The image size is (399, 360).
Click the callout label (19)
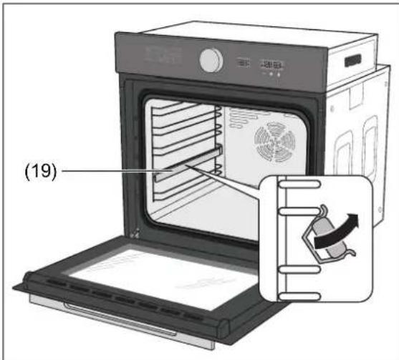[x=41, y=171]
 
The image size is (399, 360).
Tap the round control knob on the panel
[x=211, y=61]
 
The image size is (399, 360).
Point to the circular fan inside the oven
[x=275, y=142]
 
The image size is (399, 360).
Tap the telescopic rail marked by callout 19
[x=188, y=163]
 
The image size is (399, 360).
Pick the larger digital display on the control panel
[x=272, y=65]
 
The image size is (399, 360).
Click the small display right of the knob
[x=244, y=62]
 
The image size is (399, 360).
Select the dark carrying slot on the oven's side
[x=353, y=61]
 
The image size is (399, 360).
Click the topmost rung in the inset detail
[x=299, y=184]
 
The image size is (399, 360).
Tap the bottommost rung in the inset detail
[x=299, y=296]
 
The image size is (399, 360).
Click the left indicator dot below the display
[x=271, y=74]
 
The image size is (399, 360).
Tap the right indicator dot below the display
[x=279, y=75]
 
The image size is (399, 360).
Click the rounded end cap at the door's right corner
[x=223, y=328]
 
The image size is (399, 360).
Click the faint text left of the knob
[x=163, y=55]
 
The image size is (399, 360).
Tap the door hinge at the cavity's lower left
[x=135, y=233]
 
